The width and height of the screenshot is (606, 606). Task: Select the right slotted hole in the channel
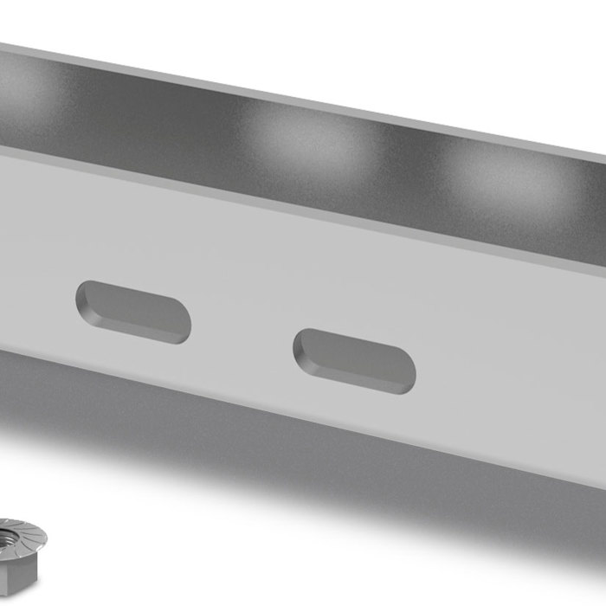(x=354, y=361)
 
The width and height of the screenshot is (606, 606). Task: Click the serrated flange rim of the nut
(x=35, y=538)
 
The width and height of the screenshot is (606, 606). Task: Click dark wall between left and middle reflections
(x=156, y=121)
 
